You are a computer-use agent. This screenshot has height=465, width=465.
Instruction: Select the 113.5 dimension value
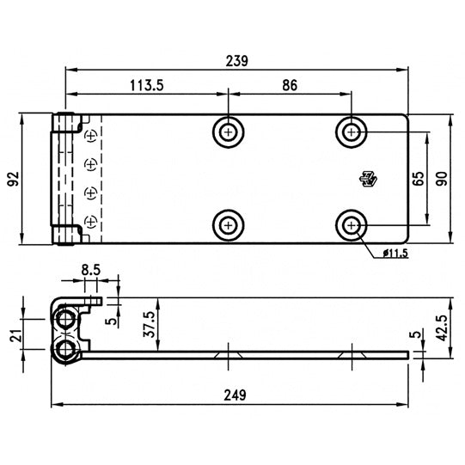pos(147,85)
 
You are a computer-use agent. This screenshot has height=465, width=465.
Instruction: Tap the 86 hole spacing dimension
pos(289,85)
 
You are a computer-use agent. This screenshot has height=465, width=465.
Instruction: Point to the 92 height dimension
pos(12,179)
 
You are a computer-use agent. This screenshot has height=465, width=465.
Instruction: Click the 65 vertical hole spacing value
pos(419,179)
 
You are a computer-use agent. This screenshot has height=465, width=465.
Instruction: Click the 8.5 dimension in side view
pos(91,269)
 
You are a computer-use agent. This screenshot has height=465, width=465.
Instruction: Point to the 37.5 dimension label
pos(150,326)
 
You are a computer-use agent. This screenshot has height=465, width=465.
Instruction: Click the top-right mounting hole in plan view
pos(352,132)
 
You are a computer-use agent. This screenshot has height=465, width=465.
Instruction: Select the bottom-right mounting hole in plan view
pos(352,225)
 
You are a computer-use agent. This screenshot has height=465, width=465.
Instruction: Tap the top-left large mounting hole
pos(228,132)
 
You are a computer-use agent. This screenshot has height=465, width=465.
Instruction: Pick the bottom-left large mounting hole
pos(228,225)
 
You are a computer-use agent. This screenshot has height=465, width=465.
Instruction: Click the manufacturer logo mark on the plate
pos(369,179)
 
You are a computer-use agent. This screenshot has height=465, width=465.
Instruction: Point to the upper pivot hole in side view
pos(65,319)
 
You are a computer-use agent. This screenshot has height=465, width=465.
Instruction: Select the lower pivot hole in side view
pos(65,349)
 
